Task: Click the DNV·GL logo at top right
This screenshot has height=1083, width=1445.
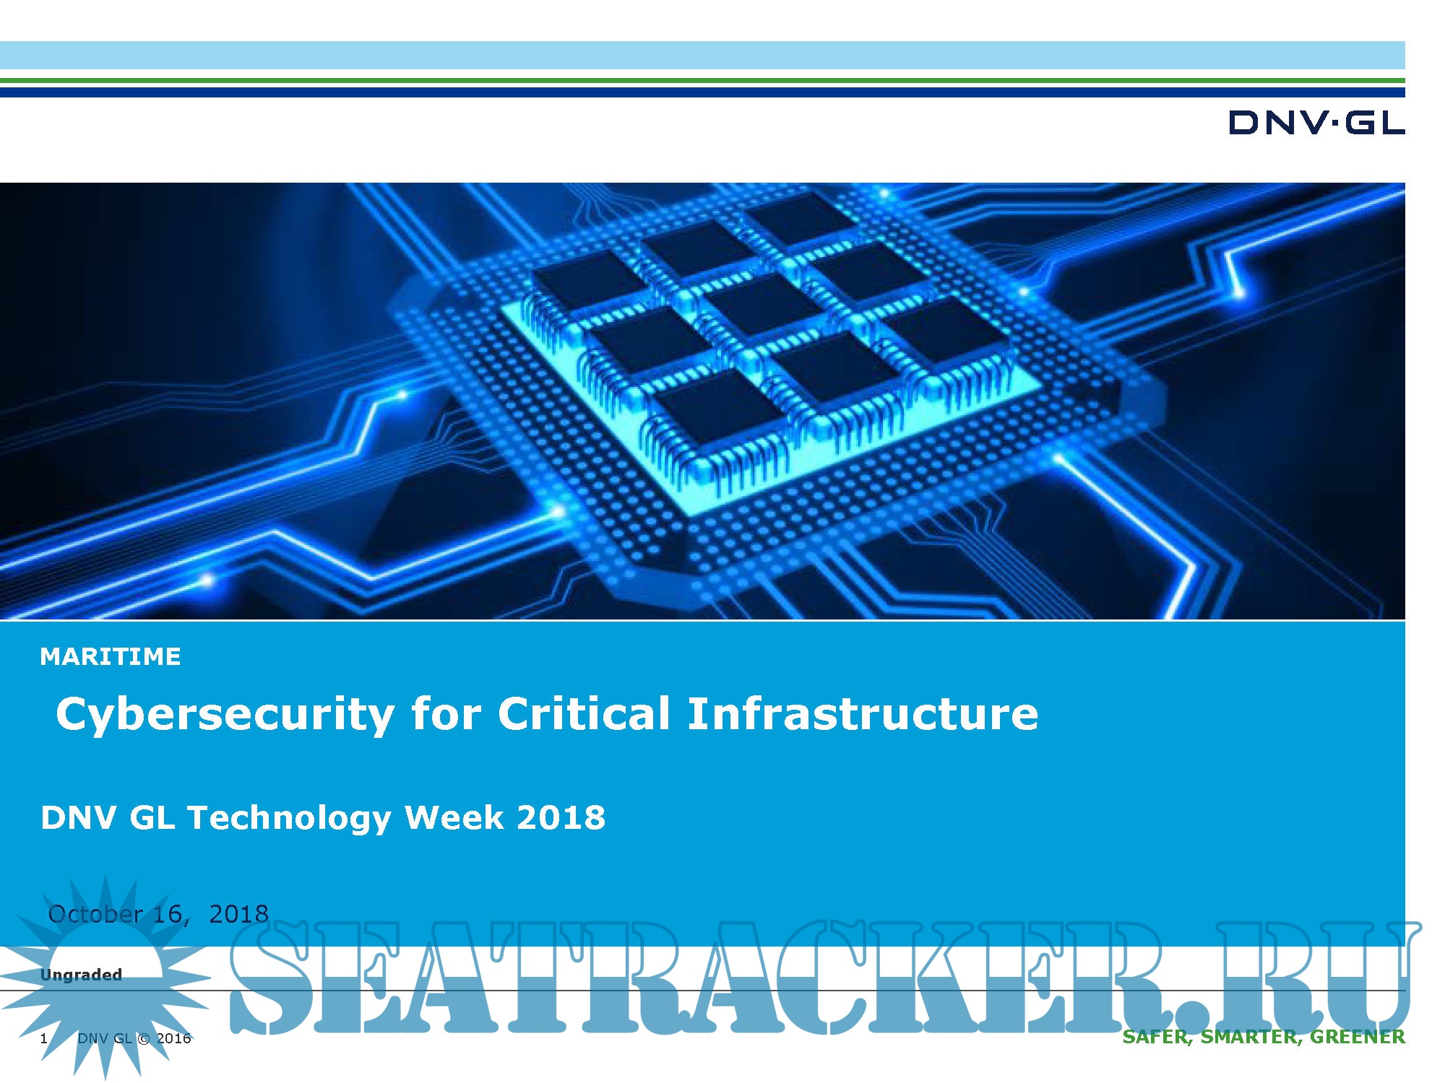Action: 1316,123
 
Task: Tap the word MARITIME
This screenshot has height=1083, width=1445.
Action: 111,656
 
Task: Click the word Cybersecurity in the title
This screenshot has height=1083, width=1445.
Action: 225,715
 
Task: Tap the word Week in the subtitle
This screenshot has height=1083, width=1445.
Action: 454,817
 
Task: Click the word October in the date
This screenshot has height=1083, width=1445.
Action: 95,914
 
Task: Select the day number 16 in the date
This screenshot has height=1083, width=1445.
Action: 168,914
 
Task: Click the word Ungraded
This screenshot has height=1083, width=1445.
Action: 81,975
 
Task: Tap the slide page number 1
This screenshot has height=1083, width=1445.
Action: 44,1038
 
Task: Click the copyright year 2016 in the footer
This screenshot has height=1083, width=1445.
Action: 174,1038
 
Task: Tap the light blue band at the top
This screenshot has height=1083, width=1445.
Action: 702,55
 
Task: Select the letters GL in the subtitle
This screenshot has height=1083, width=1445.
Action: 152,817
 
